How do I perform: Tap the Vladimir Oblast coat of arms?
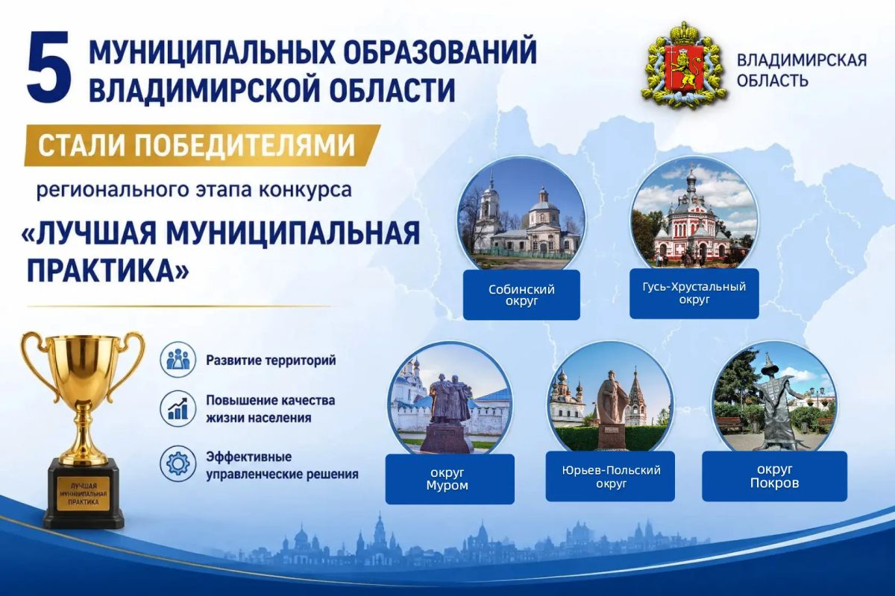(683, 66)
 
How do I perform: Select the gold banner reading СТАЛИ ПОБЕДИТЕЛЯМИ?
(201, 145)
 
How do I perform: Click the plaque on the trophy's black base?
(84, 493)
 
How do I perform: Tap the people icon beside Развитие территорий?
(178, 360)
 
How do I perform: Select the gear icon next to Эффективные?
(178, 464)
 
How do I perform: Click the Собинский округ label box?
(521, 295)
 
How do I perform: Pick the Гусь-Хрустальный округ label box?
(694, 294)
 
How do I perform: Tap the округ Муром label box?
(450, 479)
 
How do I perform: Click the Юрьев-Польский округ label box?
(610, 477)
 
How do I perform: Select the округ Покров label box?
(775, 476)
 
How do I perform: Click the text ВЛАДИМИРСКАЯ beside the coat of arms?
(802, 60)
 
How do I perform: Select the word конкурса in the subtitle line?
(305, 190)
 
